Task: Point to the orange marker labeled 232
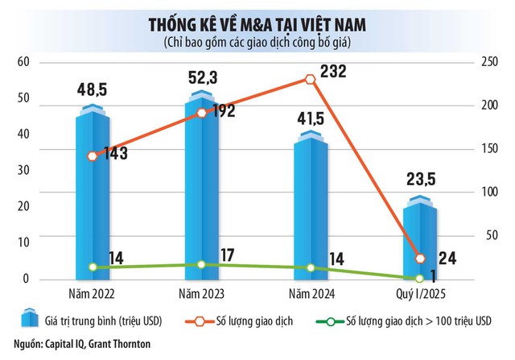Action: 310,79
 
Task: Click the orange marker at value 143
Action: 93,156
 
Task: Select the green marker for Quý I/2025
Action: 419,278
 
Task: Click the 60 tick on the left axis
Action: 23,63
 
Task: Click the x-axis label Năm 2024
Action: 310,292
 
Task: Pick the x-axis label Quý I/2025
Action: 419,292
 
